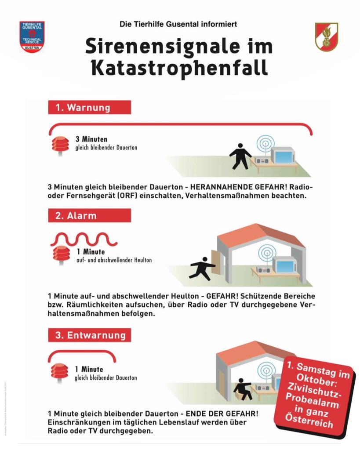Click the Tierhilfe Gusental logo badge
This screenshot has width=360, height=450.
pyautogui.click(x=32, y=37)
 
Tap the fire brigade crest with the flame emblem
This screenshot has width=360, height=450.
pyautogui.click(x=327, y=37)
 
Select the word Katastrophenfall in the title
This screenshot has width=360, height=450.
pyautogui.click(x=179, y=69)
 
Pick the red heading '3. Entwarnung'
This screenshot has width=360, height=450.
pyautogui.click(x=89, y=335)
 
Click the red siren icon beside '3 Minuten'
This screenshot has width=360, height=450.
pyautogui.click(x=60, y=145)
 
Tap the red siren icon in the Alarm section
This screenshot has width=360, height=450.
pyautogui.click(x=60, y=255)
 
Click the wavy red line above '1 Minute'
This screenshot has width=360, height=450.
pyautogui.click(x=84, y=239)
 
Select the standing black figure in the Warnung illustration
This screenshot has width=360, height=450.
pyautogui.click(x=240, y=157)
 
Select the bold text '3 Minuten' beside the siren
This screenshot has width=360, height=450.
pyautogui.click(x=91, y=139)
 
